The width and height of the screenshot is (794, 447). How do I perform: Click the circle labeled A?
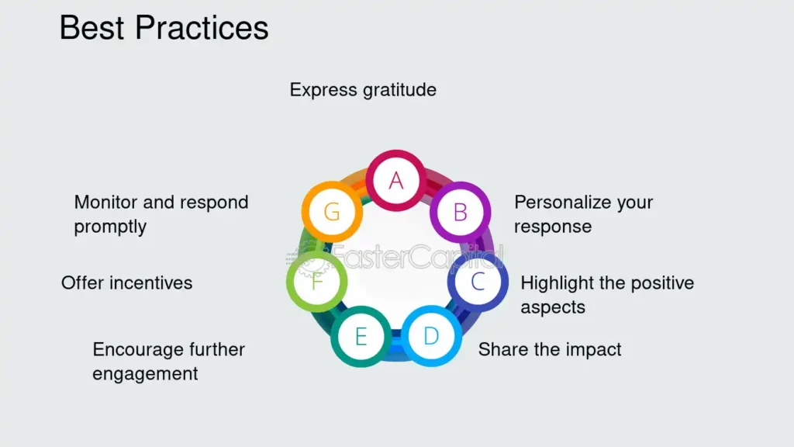tap(396, 180)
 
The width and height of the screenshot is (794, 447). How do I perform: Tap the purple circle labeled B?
tap(460, 212)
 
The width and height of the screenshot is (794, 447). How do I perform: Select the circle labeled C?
tap(478, 282)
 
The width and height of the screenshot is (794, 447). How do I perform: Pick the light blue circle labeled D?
tap(431, 335)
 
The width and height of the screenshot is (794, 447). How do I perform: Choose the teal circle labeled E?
tap(361, 336)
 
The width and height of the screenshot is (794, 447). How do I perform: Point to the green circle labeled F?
tap(316, 281)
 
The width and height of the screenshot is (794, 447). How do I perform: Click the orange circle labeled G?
tap(332, 211)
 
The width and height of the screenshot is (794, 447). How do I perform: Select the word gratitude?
tap(399, 90)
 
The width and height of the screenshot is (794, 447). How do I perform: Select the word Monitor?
tap(105, 203)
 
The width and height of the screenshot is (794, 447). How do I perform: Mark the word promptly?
tap(110, 227)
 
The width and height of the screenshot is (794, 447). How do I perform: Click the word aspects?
tap(553, 307)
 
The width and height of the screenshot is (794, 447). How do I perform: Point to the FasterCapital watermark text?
tap(416, 256)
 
